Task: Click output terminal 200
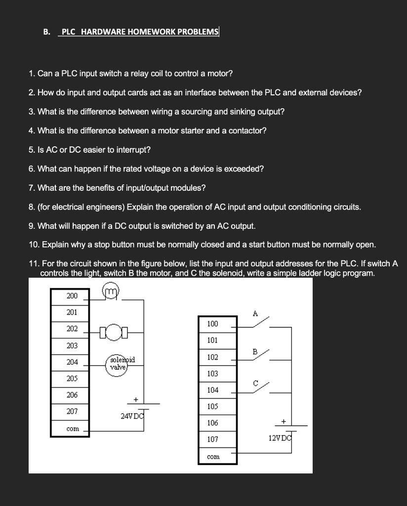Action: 72,296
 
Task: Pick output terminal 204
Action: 72,362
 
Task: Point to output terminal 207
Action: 72,411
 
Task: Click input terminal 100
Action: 212,324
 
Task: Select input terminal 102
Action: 212,357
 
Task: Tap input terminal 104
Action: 212,390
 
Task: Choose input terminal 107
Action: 212,439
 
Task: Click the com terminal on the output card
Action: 73,429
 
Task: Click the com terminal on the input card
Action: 213,457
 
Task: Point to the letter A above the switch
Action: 255,313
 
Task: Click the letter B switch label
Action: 255,352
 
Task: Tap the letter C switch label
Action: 256,383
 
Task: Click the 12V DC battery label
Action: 280,438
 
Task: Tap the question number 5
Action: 32,149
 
